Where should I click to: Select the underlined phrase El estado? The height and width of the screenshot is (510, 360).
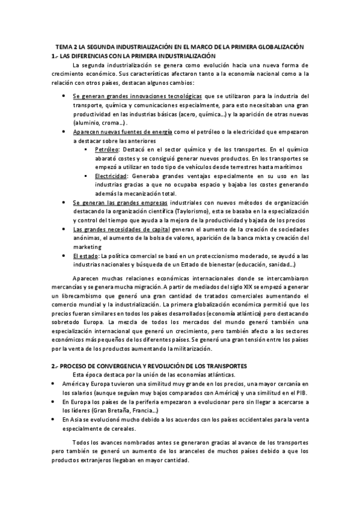(x=86, y=256)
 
